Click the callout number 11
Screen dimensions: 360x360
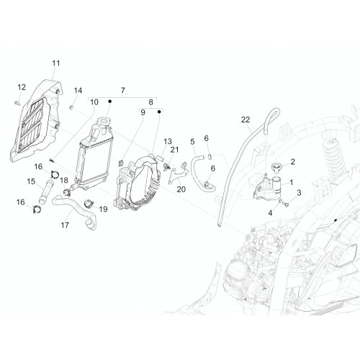point(56,63)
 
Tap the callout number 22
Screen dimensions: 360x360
point(246,120)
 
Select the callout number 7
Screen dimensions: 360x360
point(123,91)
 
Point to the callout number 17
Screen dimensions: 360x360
point(65,225)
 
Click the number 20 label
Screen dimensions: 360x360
point(181,189)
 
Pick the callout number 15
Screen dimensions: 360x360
point(31,181)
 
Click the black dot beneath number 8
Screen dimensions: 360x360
point(159,112)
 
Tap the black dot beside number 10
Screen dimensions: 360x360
point(109,102)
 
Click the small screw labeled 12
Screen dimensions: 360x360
point(17,103)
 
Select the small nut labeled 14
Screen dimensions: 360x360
point(71,107)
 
